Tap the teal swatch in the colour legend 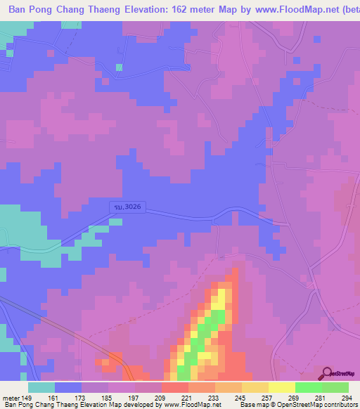pyautogui.click(x=41, y=388)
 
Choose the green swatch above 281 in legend pyautogui.click(x=309, y=388)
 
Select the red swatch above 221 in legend pyautogui.click(x=175, y=388)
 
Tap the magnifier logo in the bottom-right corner pyautogui.click(x=328, y=374)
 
